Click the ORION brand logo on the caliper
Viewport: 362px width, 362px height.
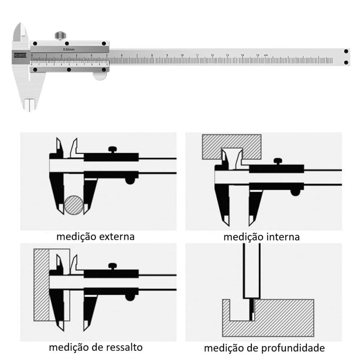pos(20,55)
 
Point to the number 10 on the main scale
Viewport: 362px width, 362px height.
pos(182,55)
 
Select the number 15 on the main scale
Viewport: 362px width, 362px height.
pos(257,55)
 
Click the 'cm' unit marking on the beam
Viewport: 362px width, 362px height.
pos(265,55)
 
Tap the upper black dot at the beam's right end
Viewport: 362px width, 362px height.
pos(346,51)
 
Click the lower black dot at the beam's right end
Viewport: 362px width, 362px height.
pos(346,62)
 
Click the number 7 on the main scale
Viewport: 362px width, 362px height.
pos(137,55)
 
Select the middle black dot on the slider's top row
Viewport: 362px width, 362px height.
pos(67,43)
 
